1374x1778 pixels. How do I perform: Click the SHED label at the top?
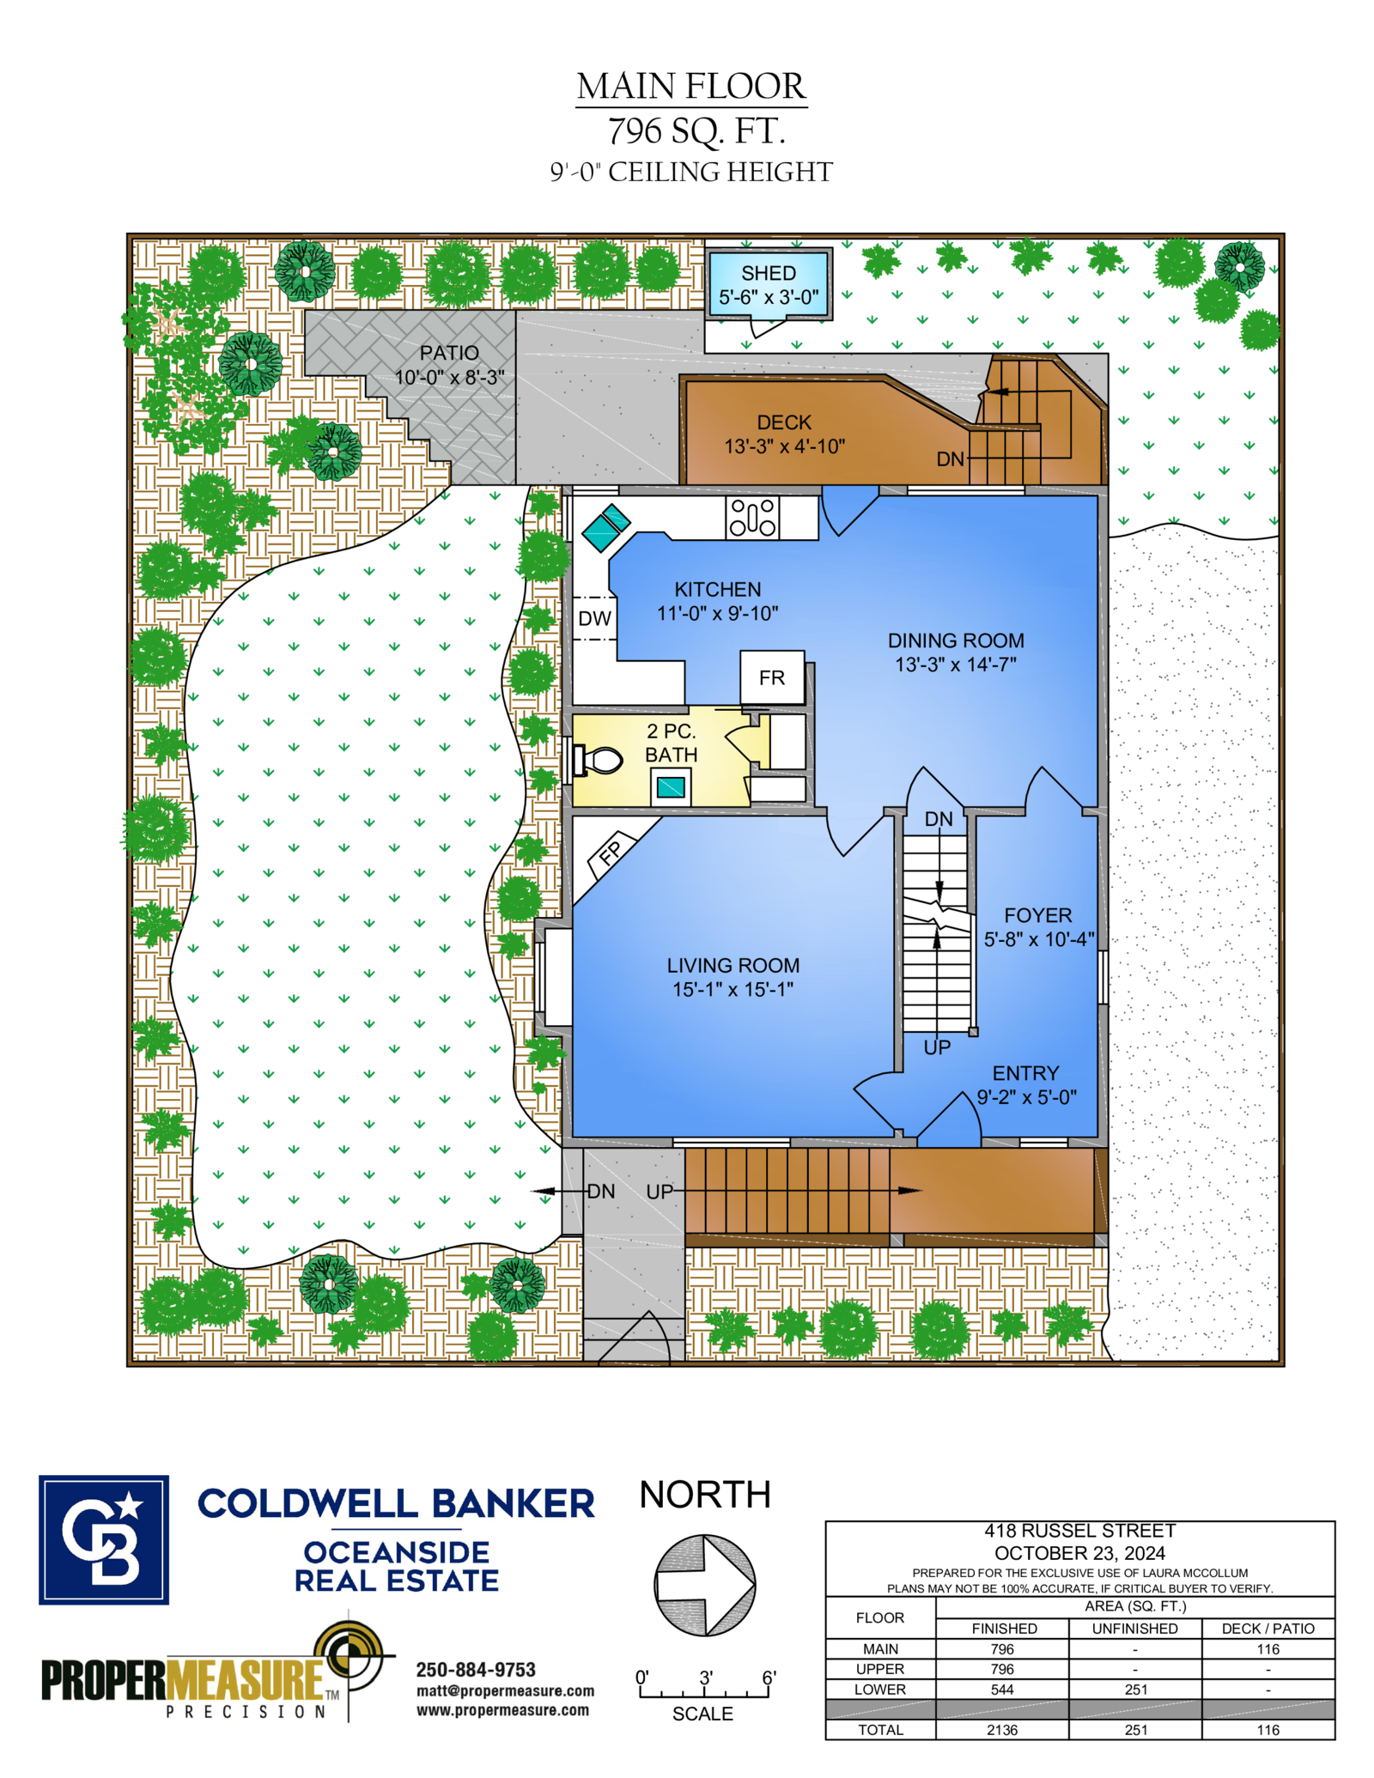768,273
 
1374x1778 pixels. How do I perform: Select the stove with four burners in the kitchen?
752,518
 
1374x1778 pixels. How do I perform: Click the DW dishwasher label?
594,618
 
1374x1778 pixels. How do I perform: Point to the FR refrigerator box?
772,677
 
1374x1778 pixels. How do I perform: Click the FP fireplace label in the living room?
610,853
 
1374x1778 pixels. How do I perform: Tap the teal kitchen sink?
605,527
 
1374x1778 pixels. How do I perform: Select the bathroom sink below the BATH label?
670,786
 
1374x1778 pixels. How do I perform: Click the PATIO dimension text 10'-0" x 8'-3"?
449,377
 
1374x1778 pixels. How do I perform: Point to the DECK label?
784,422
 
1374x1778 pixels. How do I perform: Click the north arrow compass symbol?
704,1585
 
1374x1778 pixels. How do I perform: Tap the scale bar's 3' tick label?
706,1677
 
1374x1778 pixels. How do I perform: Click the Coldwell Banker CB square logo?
104,1539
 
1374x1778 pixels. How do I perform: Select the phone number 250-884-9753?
476,1670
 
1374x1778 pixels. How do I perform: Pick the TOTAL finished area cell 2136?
1001,1730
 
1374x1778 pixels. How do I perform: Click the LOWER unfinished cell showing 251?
1135,1690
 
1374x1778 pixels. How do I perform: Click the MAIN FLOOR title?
691,86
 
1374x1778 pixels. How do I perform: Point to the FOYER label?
1037,915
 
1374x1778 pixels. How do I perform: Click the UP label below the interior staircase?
937,1047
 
